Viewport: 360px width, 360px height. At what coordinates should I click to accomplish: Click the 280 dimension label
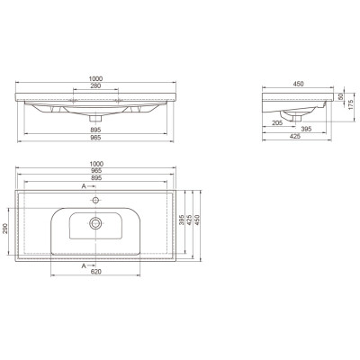point(95,85)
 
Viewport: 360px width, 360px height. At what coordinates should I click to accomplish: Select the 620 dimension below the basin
point(95,272)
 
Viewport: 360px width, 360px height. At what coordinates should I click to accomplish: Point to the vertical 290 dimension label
point(5,229)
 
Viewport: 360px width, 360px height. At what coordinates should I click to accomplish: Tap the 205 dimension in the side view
point(277,122)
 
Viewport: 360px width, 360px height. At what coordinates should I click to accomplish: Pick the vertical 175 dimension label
point(351,104)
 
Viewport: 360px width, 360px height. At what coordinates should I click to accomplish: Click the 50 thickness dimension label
point(340,97)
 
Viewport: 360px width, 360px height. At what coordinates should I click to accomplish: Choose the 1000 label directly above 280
point(95,78)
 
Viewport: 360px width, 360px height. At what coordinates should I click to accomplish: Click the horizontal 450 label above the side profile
point(298,84)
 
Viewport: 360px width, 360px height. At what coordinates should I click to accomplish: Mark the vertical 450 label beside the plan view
point(197,220)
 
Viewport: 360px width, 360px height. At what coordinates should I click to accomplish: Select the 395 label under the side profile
point(306,129)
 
